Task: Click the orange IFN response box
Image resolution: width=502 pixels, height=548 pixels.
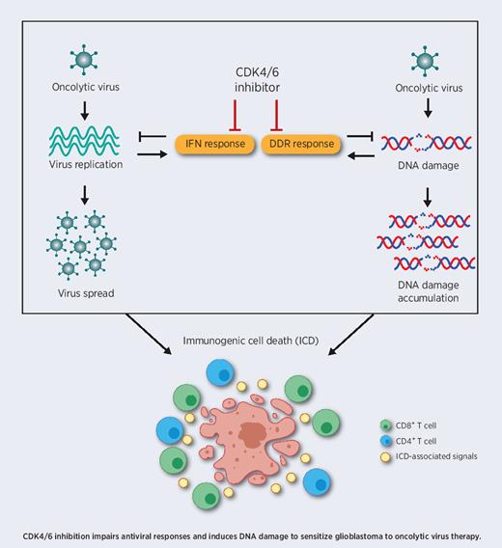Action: click(x=213, y=145)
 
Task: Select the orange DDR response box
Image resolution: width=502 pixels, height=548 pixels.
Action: click(x=299, y=145)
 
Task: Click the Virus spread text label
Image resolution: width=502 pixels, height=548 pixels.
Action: click(x=77, y=292)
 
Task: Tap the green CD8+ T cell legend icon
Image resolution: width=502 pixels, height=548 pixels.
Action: click(x=386, y=425)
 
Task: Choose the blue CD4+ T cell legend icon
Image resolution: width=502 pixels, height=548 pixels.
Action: click(x=386, y=442)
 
